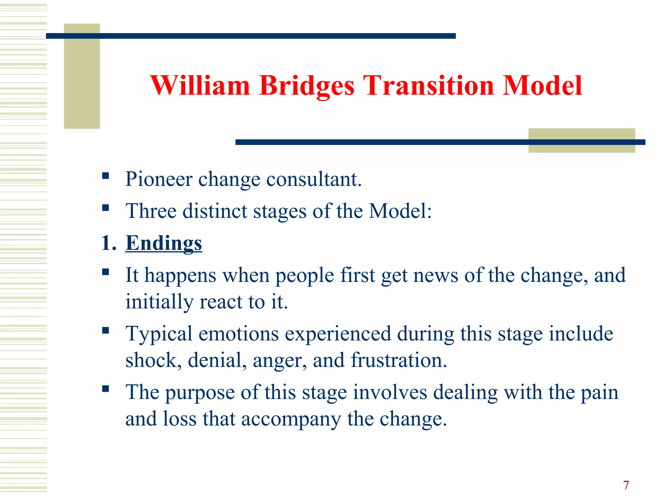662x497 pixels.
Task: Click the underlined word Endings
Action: tap(164, 243)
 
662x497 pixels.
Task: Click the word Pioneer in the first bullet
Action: tap(159, 179)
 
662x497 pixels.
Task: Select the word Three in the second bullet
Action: tap(151, 211)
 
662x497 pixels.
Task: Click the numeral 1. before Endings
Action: tap(108, 243)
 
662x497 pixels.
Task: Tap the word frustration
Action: tap(399, 360)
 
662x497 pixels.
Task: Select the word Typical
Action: tap(159, 334)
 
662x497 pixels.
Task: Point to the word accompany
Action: tap(291, 419)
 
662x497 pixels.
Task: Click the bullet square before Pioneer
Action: tap(105, 176)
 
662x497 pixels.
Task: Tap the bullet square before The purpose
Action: tap(105, 389)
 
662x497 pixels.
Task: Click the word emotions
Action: tap(238, 334)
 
